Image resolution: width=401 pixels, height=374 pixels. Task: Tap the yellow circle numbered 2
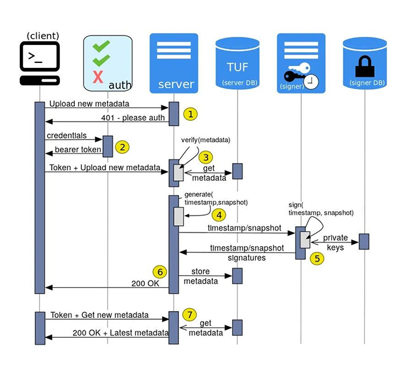[123, 147]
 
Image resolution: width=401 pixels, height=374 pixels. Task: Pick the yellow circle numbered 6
[159, 272]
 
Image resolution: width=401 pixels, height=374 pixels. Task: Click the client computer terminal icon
[39, 62]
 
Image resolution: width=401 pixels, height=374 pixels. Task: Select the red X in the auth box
[97, 77]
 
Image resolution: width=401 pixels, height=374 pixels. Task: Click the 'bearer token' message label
[77, 150]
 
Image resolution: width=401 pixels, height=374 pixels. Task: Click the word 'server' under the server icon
[176, 84]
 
